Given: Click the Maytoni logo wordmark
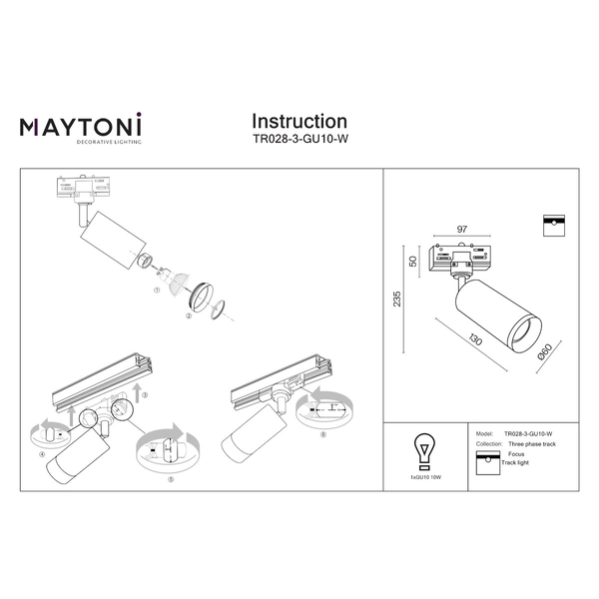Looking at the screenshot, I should click(x=81, y=126).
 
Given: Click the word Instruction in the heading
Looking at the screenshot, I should click(x=299, y=121).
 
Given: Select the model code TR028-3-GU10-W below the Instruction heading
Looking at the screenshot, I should click(x=299, y=141).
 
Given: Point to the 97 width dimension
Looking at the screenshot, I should click(x=463, y=230).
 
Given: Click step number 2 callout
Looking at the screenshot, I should click(x=188, y=315).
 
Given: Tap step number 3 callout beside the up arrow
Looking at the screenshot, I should click(x=145, y=396).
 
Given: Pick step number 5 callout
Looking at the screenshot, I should click(x=170, y=478).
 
